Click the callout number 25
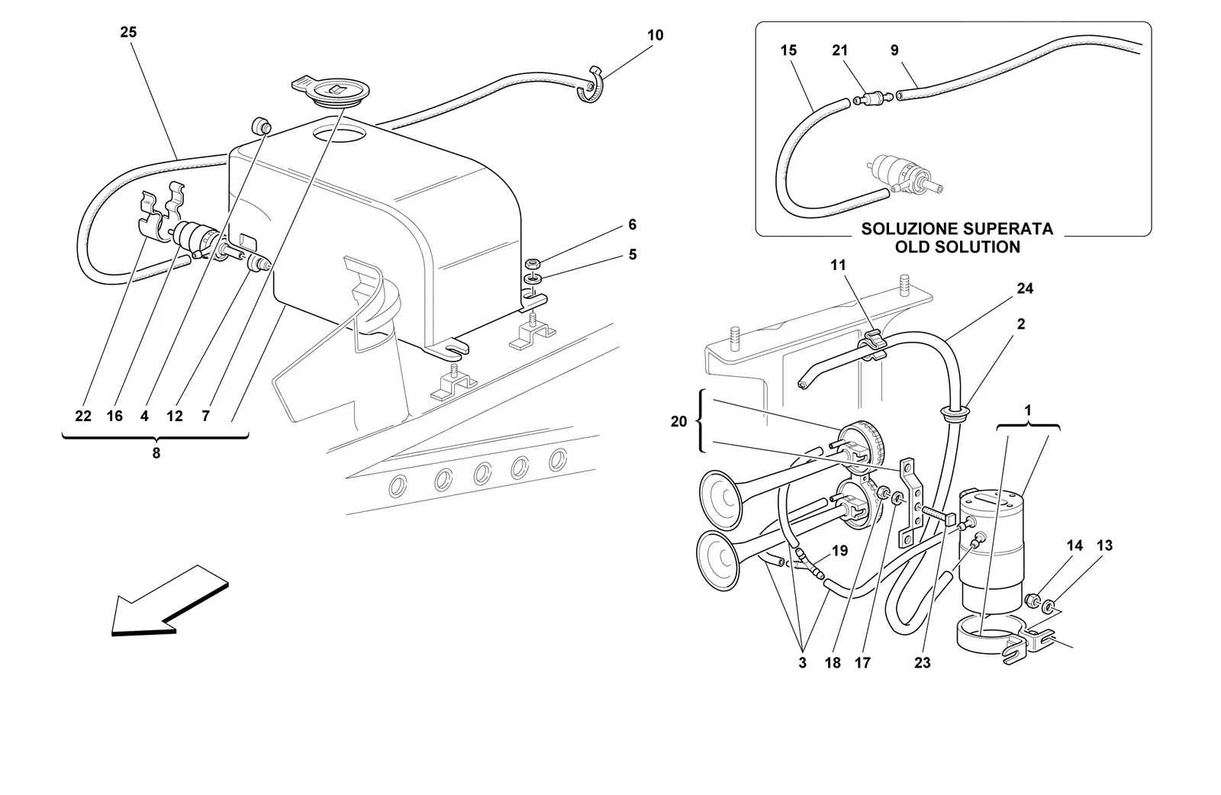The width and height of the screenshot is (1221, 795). pos(128,32)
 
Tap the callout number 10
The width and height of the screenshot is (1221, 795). pos(656,35)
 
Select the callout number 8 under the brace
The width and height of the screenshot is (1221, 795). pos(156,453)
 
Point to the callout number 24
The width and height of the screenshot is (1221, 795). pos(1025,289)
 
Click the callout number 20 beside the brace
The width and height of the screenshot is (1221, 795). pos(678,421)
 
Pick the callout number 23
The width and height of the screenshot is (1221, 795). pos(923,663)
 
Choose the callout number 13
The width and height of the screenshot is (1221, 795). pos(1104,546)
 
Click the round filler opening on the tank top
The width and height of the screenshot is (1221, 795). pos(338,134)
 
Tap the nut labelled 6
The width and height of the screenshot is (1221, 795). pos(531,265)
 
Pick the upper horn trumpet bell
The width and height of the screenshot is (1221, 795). pos(720,500)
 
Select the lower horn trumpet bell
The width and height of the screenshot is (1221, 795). pos(717,562)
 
